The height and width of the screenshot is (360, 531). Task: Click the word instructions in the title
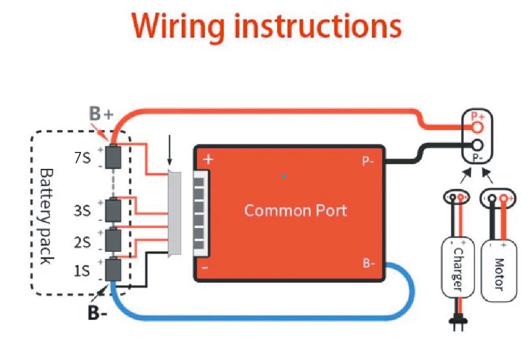click(314, 25)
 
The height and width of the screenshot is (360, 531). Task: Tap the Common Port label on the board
click(296, 210)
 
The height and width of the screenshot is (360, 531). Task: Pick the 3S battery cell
click(113, 210)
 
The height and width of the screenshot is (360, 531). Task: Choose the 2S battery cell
click(113, 239)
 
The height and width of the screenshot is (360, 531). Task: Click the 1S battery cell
click(113, 269)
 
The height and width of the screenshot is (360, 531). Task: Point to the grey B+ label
click(100, 114)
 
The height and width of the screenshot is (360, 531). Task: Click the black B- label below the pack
click(97, 313)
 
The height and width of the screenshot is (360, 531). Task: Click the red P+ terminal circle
click(477, 127)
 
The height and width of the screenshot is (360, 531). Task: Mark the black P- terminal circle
click(477, 144)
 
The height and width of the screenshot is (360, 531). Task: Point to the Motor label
click(498, 273)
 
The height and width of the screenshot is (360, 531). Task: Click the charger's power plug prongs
click(457, 324)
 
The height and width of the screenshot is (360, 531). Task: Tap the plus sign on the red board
click(208, 159)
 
